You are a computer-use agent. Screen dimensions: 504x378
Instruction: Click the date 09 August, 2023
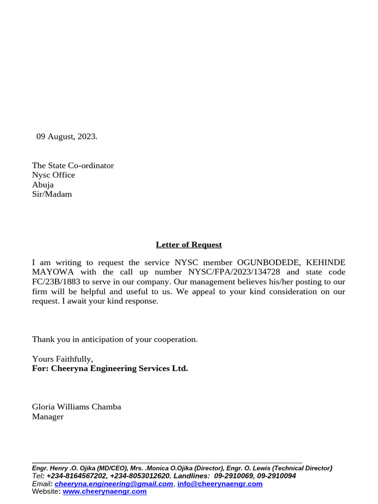[67, 136]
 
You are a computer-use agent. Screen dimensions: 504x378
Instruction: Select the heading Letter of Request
[189, 245]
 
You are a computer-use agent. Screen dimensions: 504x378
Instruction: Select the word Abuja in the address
[43, 185]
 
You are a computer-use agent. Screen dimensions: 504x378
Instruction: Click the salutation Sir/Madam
[52, 194]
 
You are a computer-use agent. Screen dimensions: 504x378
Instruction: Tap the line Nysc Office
[54, 175]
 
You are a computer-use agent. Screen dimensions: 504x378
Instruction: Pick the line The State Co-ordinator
[73, 165]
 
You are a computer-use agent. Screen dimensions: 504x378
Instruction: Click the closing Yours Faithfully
[63, 359]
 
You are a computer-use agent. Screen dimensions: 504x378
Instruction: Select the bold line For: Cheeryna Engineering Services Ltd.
[110, 368]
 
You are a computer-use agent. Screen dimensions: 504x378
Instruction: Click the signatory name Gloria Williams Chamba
[76, 407]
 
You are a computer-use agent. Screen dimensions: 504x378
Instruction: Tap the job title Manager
[48, 416]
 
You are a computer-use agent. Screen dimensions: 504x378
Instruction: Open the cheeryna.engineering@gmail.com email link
[114, 484]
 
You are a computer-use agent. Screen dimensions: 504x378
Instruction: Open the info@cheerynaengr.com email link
[220, 484]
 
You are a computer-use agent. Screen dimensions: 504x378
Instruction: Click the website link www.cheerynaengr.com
[104, 491]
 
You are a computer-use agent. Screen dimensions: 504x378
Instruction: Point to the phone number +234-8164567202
[76, 476]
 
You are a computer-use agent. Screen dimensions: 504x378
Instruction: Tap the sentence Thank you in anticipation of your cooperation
[115, 339]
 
